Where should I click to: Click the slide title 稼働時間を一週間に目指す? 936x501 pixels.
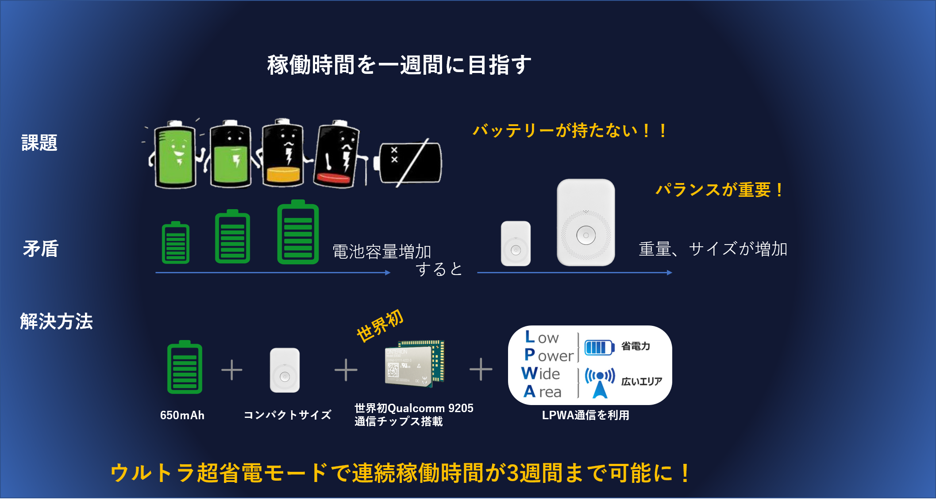[399, 65]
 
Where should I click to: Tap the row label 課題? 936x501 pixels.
[39, 143]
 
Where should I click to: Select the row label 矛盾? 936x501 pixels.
[41, 249]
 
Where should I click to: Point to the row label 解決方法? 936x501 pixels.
[56, 321]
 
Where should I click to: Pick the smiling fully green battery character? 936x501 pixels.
[175, 154]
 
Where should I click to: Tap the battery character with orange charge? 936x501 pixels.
[283, 153]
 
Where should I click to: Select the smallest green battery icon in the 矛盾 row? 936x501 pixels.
[176, 243]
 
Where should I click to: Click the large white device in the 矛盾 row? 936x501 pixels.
[585, 222]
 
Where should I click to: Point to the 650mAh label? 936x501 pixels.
[182, 415]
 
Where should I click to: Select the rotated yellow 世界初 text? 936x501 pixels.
[380, 325]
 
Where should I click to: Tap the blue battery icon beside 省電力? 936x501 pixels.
[599, 347]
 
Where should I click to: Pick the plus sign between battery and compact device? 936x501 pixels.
[231, 370]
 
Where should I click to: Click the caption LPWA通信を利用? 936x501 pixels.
[585, 415]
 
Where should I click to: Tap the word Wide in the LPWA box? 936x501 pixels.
[540, 374]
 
